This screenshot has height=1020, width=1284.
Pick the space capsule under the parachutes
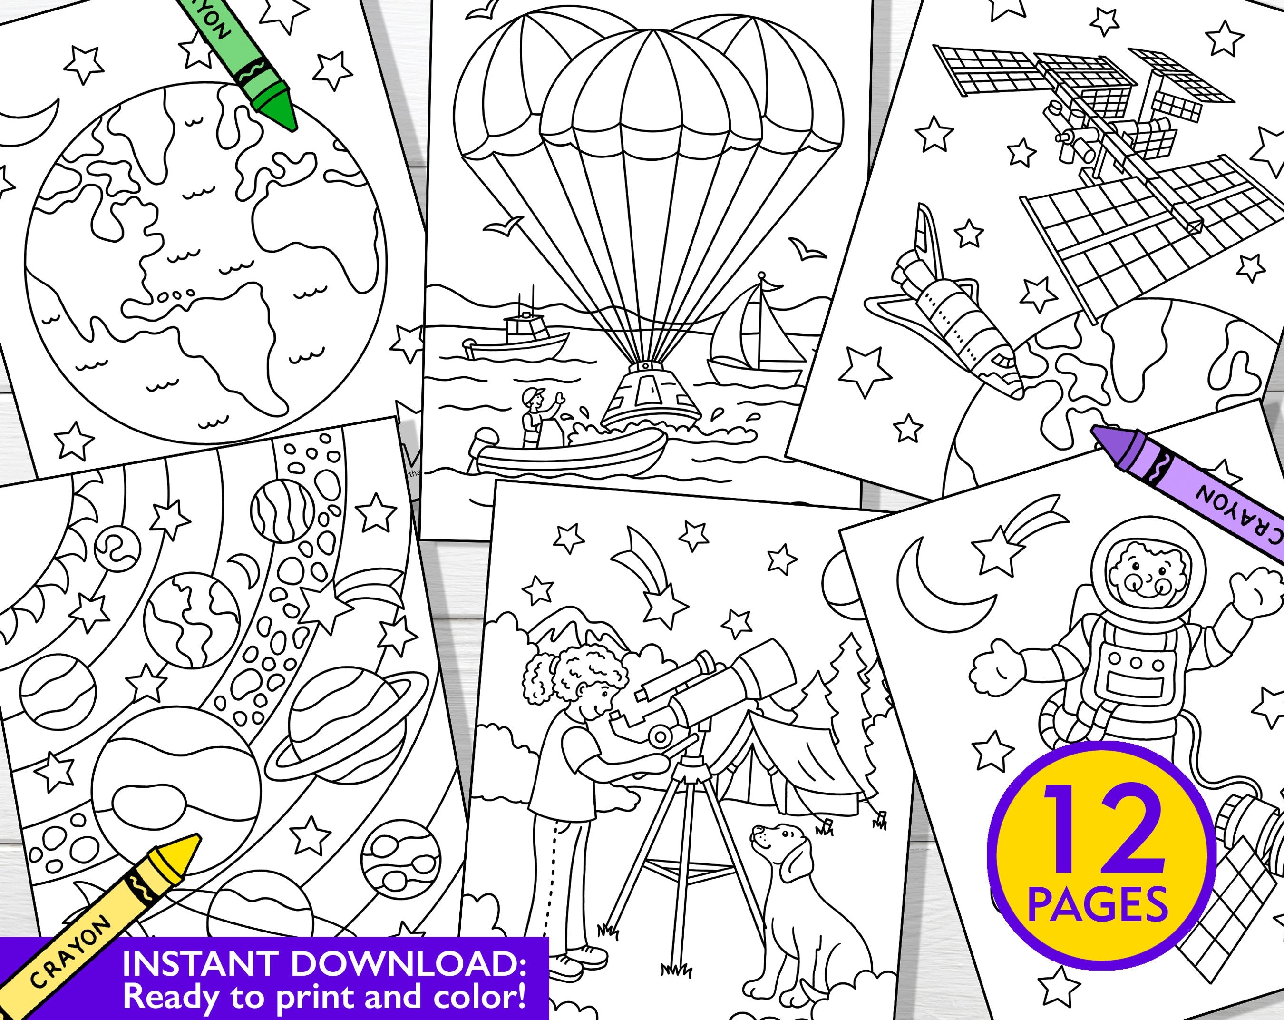pos(651,396)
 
